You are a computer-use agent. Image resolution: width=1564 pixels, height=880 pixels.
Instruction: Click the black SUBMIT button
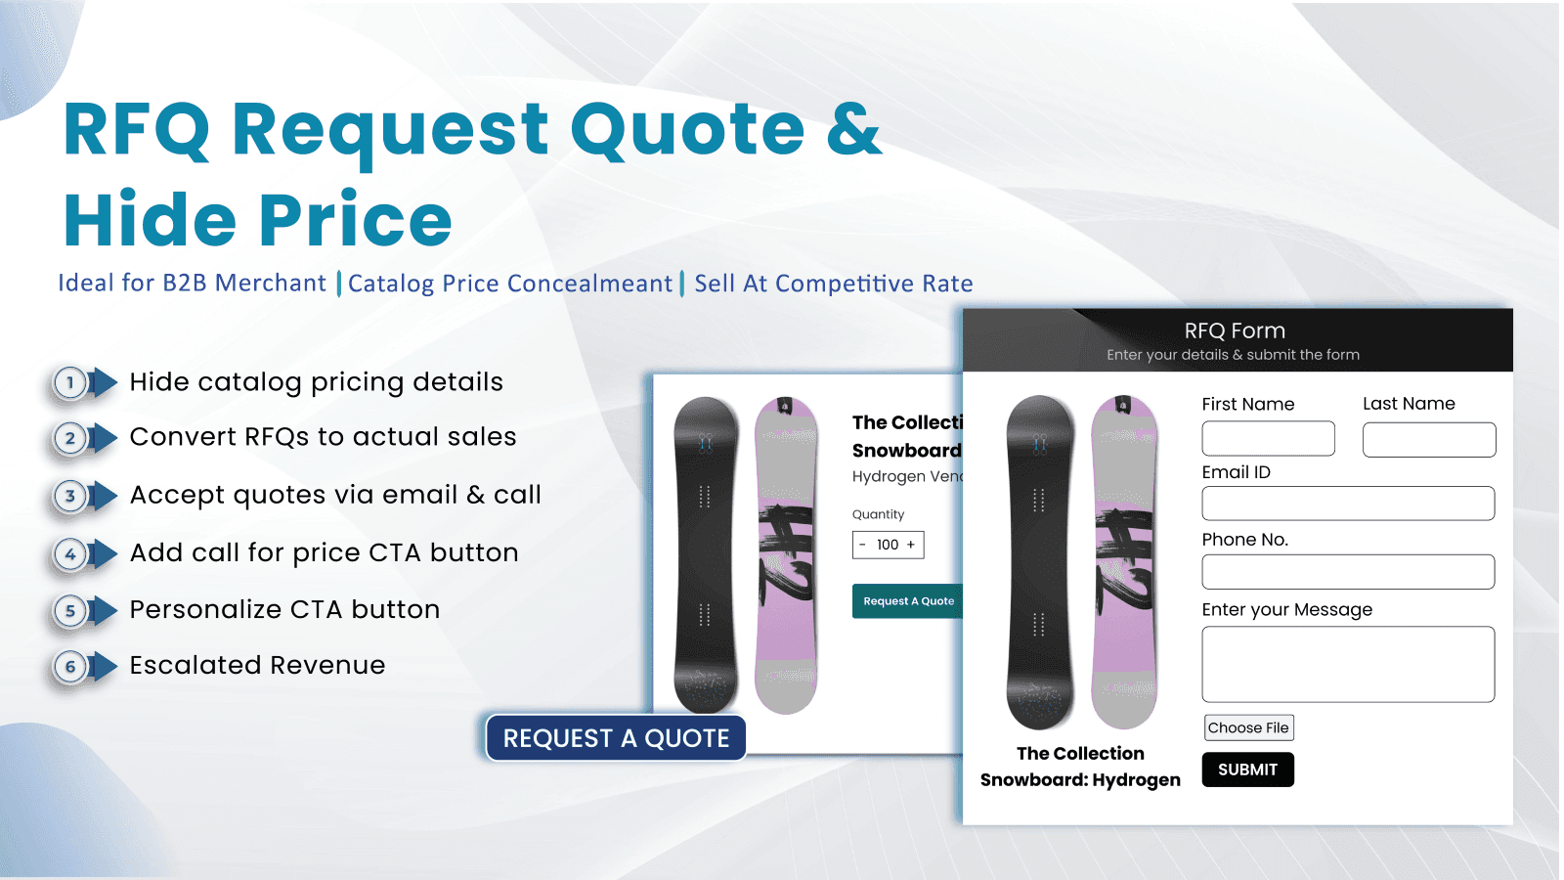(1247, 770)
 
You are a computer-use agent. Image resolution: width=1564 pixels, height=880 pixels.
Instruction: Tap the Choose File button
(1248, 727)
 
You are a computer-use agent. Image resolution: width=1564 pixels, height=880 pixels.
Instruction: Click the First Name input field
(1268, 439)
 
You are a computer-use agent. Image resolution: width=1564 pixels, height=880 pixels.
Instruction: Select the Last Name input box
(1429, 440)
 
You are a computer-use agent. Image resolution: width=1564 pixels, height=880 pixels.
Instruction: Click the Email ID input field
(1348, 504)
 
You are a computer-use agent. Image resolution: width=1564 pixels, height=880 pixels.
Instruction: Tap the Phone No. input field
(1348, 572)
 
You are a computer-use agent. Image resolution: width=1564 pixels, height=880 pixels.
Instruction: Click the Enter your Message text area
(1348, 664)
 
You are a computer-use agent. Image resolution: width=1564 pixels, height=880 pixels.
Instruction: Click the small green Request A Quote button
(908, 601)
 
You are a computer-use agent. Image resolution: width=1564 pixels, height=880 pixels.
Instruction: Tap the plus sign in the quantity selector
(911, 545)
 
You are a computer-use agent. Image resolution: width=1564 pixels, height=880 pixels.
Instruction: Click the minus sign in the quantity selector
(862, 545)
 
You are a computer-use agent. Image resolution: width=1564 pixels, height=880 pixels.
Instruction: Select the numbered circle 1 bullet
(70, 382)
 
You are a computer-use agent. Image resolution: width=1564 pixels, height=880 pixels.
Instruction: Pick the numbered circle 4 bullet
(70, 554)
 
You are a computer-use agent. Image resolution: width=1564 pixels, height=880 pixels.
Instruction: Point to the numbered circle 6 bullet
(70, 667)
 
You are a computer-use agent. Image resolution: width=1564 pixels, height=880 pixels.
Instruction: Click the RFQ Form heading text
(1235, 330)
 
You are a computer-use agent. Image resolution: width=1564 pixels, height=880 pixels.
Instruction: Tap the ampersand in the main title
(853, 129)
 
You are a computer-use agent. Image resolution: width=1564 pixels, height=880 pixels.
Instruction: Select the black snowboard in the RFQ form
(1039, 562)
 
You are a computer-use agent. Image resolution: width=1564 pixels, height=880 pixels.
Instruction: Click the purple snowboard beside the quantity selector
(786, 554)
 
